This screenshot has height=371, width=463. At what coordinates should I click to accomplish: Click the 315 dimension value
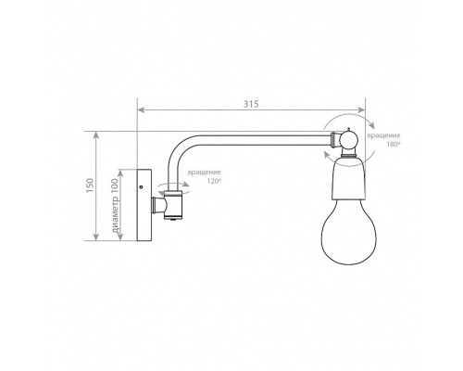click(251, 104)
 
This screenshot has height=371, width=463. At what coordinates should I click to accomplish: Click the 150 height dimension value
click(90, 185)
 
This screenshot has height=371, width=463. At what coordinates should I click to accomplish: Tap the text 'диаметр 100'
click(115, 206)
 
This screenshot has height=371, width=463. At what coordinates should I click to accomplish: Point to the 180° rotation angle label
click(393, 144)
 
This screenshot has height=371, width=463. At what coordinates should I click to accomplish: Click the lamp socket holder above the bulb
click(349, 179)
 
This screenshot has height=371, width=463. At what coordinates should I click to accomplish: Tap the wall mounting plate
click(144, 205)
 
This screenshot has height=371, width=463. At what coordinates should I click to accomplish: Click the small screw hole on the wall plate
click(141, 186)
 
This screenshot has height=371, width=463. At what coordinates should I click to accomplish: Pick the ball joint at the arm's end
click(348, 140)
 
